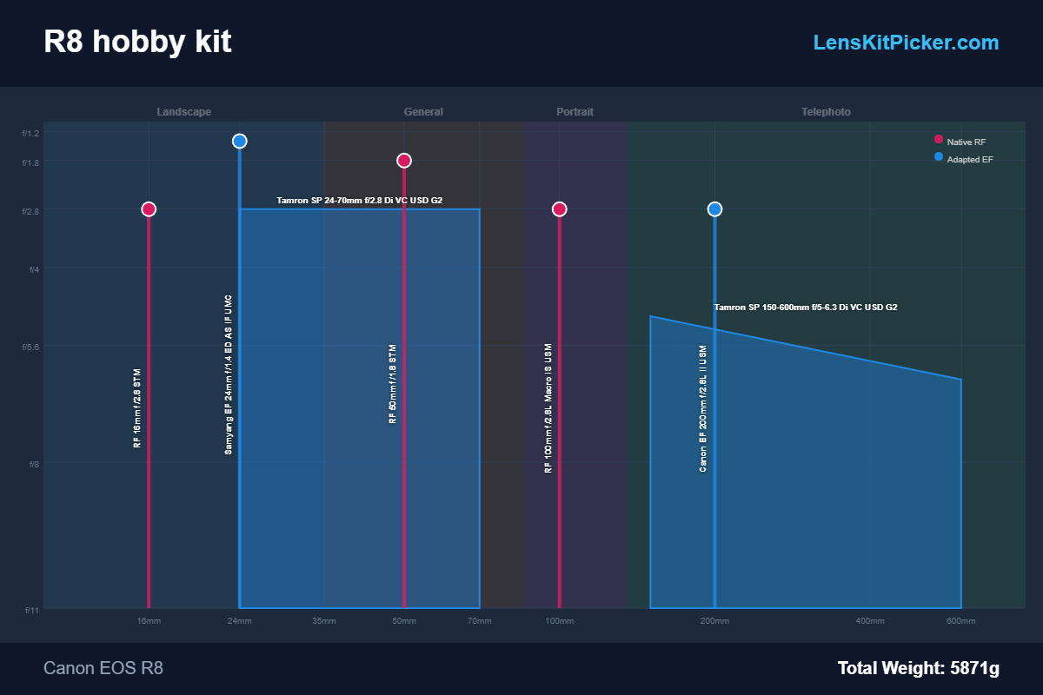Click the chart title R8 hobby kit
137,42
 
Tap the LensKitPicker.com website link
906,43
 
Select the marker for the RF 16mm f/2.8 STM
149,209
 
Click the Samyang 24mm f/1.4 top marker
240,142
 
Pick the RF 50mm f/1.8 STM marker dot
404,161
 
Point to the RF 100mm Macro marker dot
560,209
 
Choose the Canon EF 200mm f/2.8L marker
714,209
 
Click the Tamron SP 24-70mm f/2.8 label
359,201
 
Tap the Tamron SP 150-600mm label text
806,308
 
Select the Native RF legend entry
966,142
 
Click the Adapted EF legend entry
969,160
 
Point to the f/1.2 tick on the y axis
30,133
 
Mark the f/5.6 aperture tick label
30,347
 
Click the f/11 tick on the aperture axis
30,609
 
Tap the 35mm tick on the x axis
324,621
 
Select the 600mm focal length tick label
961,621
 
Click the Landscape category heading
183,112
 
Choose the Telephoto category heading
826,112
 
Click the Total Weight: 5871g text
918,668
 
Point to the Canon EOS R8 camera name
103,668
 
